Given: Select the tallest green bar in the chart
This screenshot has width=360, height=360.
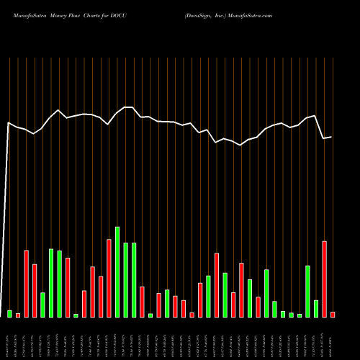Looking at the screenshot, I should pos(117,272).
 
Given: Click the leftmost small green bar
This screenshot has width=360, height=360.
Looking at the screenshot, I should pos(10,313).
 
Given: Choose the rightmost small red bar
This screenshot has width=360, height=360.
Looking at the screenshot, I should pos(333,314).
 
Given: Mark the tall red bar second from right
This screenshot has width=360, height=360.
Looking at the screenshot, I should pos(325,279).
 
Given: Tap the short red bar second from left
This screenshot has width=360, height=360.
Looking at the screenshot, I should pos(18,315).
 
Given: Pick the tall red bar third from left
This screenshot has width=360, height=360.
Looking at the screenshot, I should pos(27,284).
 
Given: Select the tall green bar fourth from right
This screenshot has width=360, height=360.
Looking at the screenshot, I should pos(308,291).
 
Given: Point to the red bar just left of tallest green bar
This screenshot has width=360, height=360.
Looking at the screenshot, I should pos(109,278).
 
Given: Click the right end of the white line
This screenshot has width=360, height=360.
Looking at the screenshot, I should pos(331,137).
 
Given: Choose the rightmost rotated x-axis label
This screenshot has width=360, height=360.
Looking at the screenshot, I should pos(333,338).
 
